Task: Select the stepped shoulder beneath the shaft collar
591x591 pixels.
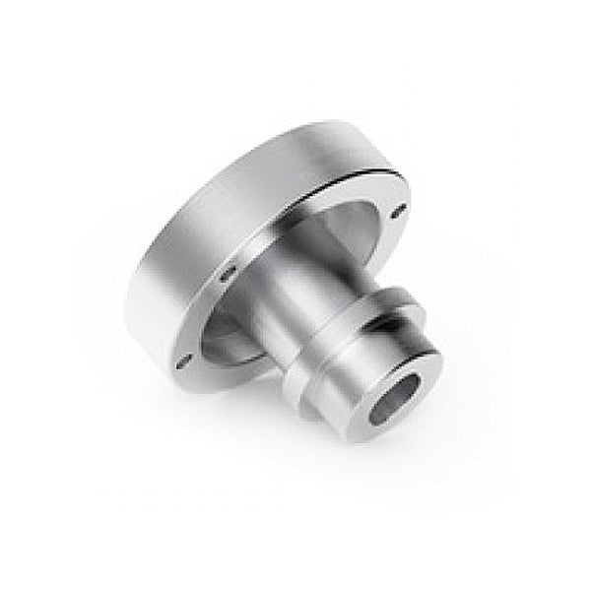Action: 315,369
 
